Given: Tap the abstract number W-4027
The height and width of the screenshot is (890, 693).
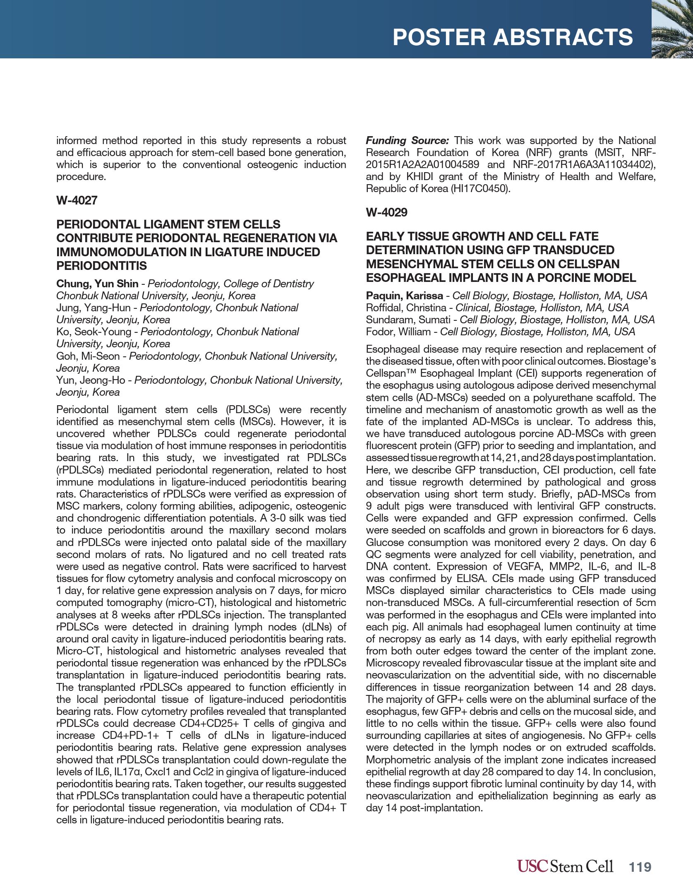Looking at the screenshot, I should (77, 200).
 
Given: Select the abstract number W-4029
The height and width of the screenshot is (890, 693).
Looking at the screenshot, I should (386, 212).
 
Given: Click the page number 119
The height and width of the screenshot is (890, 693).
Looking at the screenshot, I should (640, 867).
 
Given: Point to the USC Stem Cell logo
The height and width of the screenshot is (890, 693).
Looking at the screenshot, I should (565, 866).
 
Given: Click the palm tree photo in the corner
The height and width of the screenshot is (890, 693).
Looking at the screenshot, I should (672, 29).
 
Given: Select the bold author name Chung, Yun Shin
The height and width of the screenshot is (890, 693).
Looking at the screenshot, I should (97, 284).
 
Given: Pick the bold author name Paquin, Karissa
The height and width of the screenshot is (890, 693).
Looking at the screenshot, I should (404, 296).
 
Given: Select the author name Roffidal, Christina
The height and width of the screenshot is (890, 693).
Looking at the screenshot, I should (406, 308).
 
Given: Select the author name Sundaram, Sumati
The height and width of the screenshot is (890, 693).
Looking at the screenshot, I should (408, 320).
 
